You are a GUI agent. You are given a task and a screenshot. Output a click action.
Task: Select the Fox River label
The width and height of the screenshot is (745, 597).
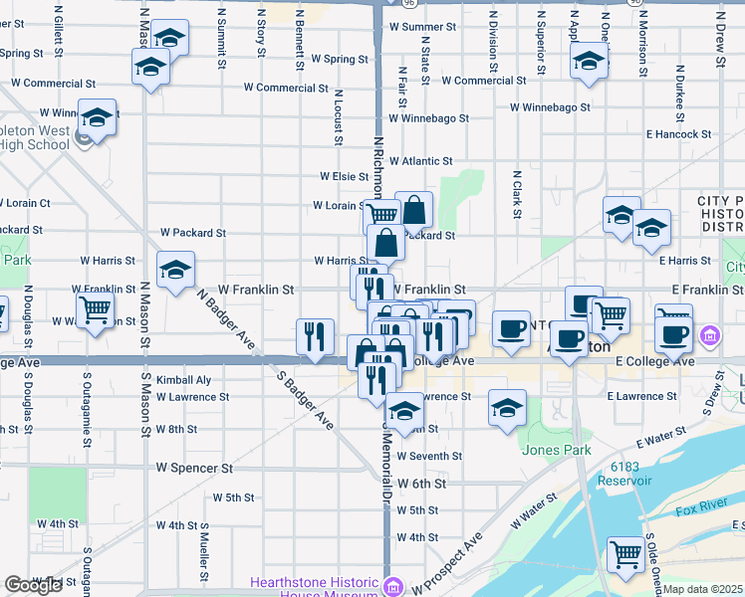696,511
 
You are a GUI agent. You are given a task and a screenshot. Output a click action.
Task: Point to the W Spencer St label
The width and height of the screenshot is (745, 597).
194,467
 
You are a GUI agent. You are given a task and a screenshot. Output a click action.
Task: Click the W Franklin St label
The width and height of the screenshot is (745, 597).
256,290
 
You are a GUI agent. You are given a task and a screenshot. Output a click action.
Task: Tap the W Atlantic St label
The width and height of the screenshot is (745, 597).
420,160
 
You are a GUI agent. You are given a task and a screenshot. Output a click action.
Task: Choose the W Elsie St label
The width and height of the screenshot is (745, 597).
345,176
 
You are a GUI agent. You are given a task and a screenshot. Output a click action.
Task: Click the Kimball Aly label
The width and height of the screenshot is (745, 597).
183,380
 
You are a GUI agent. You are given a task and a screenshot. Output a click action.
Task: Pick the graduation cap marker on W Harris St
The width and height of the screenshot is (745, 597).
175,270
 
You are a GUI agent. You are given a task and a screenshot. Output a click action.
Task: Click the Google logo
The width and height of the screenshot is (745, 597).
33,585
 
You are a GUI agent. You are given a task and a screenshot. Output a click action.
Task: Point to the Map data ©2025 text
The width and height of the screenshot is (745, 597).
703,590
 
